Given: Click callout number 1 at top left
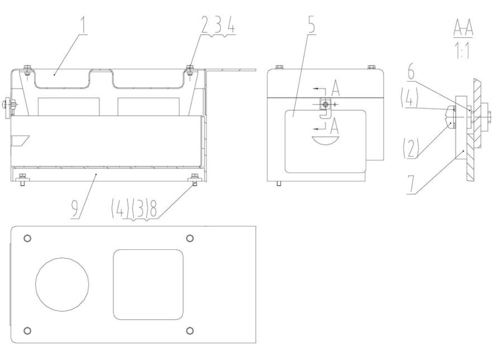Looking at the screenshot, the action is [83, 25].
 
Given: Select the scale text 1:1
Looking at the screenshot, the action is [462, 51].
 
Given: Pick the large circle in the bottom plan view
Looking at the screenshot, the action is [62, 285].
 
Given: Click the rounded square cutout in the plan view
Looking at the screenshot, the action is [149, 285].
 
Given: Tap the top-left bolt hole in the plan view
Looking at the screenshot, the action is [27, 238].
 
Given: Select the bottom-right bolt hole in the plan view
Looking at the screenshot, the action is [189, 330].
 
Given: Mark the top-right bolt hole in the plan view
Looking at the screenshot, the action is [189, 238].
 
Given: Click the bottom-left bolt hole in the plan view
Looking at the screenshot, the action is [27, 330].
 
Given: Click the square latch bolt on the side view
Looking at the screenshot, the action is [326, 104].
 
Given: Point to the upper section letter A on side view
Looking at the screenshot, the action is [335, 88].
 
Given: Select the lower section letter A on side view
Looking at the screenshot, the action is [334, 126].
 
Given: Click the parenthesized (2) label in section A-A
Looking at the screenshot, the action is [411, 149].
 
